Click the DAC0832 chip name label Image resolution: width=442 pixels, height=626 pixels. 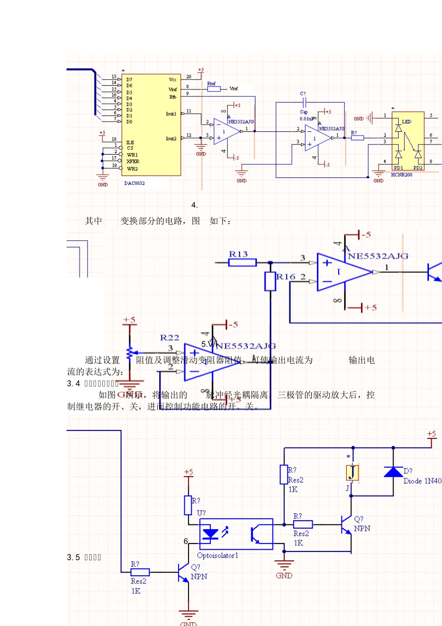(134, 183)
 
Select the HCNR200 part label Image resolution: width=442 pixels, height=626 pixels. (402, 175)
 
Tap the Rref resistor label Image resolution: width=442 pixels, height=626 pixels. (211, 84)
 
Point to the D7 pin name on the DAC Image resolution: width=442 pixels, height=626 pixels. (129, 80)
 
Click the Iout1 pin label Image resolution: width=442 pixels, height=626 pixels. (171, 114)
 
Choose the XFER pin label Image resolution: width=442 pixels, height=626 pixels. (133, 162)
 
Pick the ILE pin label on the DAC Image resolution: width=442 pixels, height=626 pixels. (130, 143)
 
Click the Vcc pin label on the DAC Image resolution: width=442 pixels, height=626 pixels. (173, 80)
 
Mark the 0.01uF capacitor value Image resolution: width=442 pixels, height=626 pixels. (307, 119)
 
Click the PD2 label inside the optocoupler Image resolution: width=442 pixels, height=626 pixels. (418, 168)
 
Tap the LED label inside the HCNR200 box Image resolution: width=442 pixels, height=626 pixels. (406, 122)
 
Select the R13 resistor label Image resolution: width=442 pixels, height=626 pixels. (238, 254)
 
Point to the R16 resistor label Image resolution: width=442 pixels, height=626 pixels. (286, 277)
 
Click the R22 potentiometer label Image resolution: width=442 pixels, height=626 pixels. (169, 338)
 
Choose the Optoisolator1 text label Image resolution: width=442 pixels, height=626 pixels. (217, 555)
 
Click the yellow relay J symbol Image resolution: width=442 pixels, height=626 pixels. (352, 472)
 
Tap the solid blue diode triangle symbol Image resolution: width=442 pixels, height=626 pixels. (393, 472)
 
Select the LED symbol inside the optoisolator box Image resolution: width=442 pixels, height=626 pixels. (211, 534)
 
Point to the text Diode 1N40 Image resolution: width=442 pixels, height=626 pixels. (422, 481)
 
